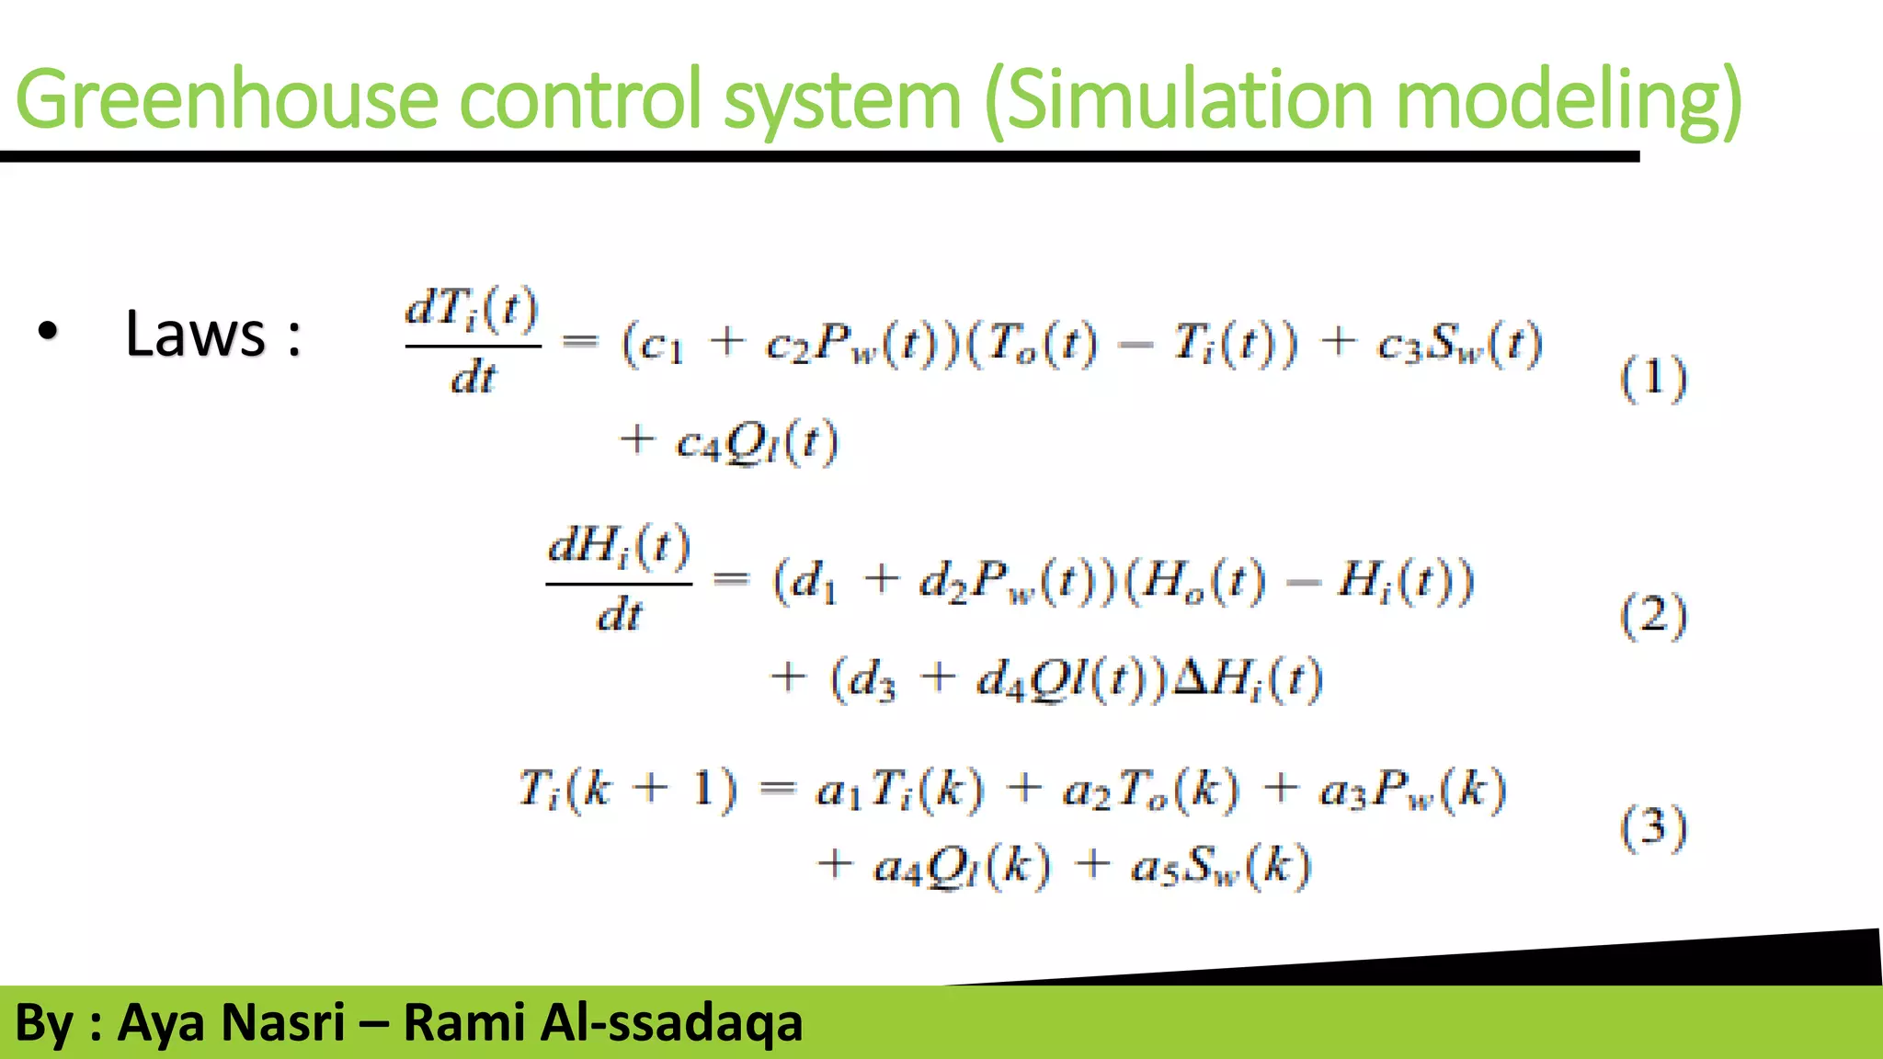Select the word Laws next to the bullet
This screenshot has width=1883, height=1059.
[x=195, y=333]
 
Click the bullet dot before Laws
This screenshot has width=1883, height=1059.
[x=48, y=331]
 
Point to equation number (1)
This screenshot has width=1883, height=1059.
[x=1653, y=378]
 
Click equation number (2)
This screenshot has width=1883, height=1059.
[x=1653, y=615]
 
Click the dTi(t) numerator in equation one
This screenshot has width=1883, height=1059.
[x=472, y=309]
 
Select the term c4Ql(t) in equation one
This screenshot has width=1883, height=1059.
[x=756, y=442]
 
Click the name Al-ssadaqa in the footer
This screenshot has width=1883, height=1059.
[x=671, y=1022]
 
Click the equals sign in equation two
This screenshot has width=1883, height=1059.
[x=732, y=579]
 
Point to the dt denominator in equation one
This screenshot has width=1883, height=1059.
[x=473, y=377]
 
